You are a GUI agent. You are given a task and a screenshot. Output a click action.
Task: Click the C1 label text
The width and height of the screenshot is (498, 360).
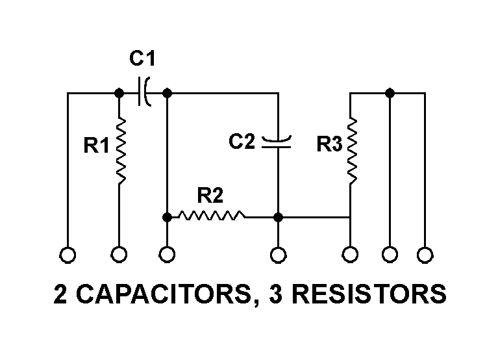point(142,59)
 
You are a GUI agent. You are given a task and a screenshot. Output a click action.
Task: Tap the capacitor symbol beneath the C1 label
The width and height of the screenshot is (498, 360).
point(145,93)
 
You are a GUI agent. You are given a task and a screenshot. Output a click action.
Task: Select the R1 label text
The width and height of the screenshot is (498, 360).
point(97,146)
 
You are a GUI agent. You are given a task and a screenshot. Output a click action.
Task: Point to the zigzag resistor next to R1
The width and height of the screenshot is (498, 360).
point(120,149)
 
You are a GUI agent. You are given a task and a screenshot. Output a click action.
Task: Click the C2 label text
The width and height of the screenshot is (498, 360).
point(242,142)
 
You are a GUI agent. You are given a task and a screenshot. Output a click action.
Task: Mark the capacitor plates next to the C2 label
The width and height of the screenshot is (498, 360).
point(277,142)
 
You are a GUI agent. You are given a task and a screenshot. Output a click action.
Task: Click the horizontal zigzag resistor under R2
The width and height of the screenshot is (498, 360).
point(212,216)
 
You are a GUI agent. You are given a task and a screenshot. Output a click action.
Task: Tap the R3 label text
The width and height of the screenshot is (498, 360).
point(329,144)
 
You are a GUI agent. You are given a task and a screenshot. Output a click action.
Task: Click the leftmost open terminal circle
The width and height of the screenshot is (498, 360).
point(68,255)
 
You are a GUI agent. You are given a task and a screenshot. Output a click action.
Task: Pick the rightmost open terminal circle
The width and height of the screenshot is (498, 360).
point(425,255)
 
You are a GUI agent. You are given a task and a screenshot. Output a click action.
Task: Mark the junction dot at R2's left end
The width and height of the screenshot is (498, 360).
point(167,216)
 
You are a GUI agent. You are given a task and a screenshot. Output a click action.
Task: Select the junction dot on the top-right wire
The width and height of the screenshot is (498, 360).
point(389,93)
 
